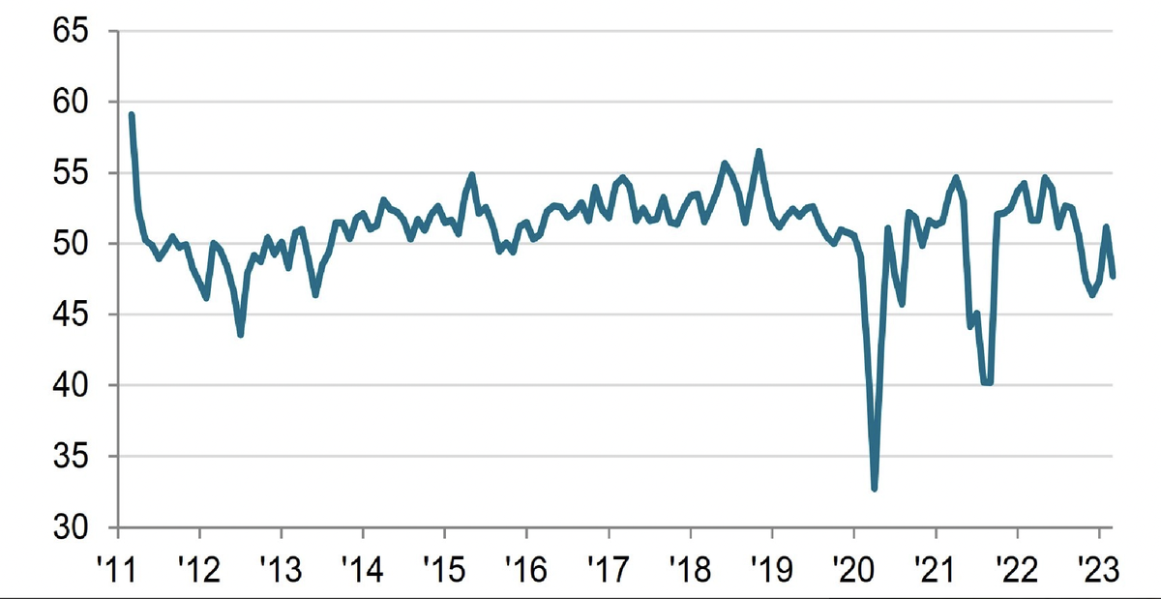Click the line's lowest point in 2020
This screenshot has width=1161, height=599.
[x=875, y=489]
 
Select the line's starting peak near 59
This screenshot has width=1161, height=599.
[x=132, y=115]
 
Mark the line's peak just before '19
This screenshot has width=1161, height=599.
[x=759, y=151]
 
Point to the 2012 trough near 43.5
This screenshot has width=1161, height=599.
[x=240, y=335]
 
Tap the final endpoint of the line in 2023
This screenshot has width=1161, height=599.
[x=1113, y=276]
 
